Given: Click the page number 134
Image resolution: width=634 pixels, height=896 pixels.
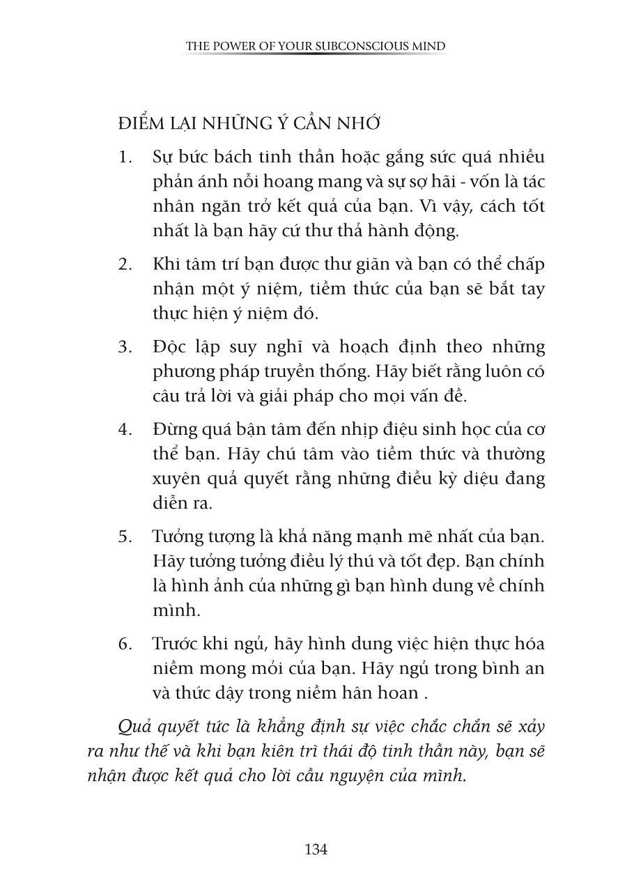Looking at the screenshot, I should point(316,849).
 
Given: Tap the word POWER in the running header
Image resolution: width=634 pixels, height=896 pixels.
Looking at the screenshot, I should point(231,47).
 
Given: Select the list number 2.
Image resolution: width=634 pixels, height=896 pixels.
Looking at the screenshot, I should point(125,265).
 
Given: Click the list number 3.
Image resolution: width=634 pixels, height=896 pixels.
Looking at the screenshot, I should point(125,347).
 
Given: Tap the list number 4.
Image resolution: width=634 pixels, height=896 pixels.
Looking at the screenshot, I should point(125,429).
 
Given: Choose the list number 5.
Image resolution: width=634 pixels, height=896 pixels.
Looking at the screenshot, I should point(125,536).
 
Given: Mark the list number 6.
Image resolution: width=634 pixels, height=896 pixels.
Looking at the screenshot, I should point(125,643).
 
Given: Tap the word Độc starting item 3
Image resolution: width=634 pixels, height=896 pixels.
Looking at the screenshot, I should point(168,347).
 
